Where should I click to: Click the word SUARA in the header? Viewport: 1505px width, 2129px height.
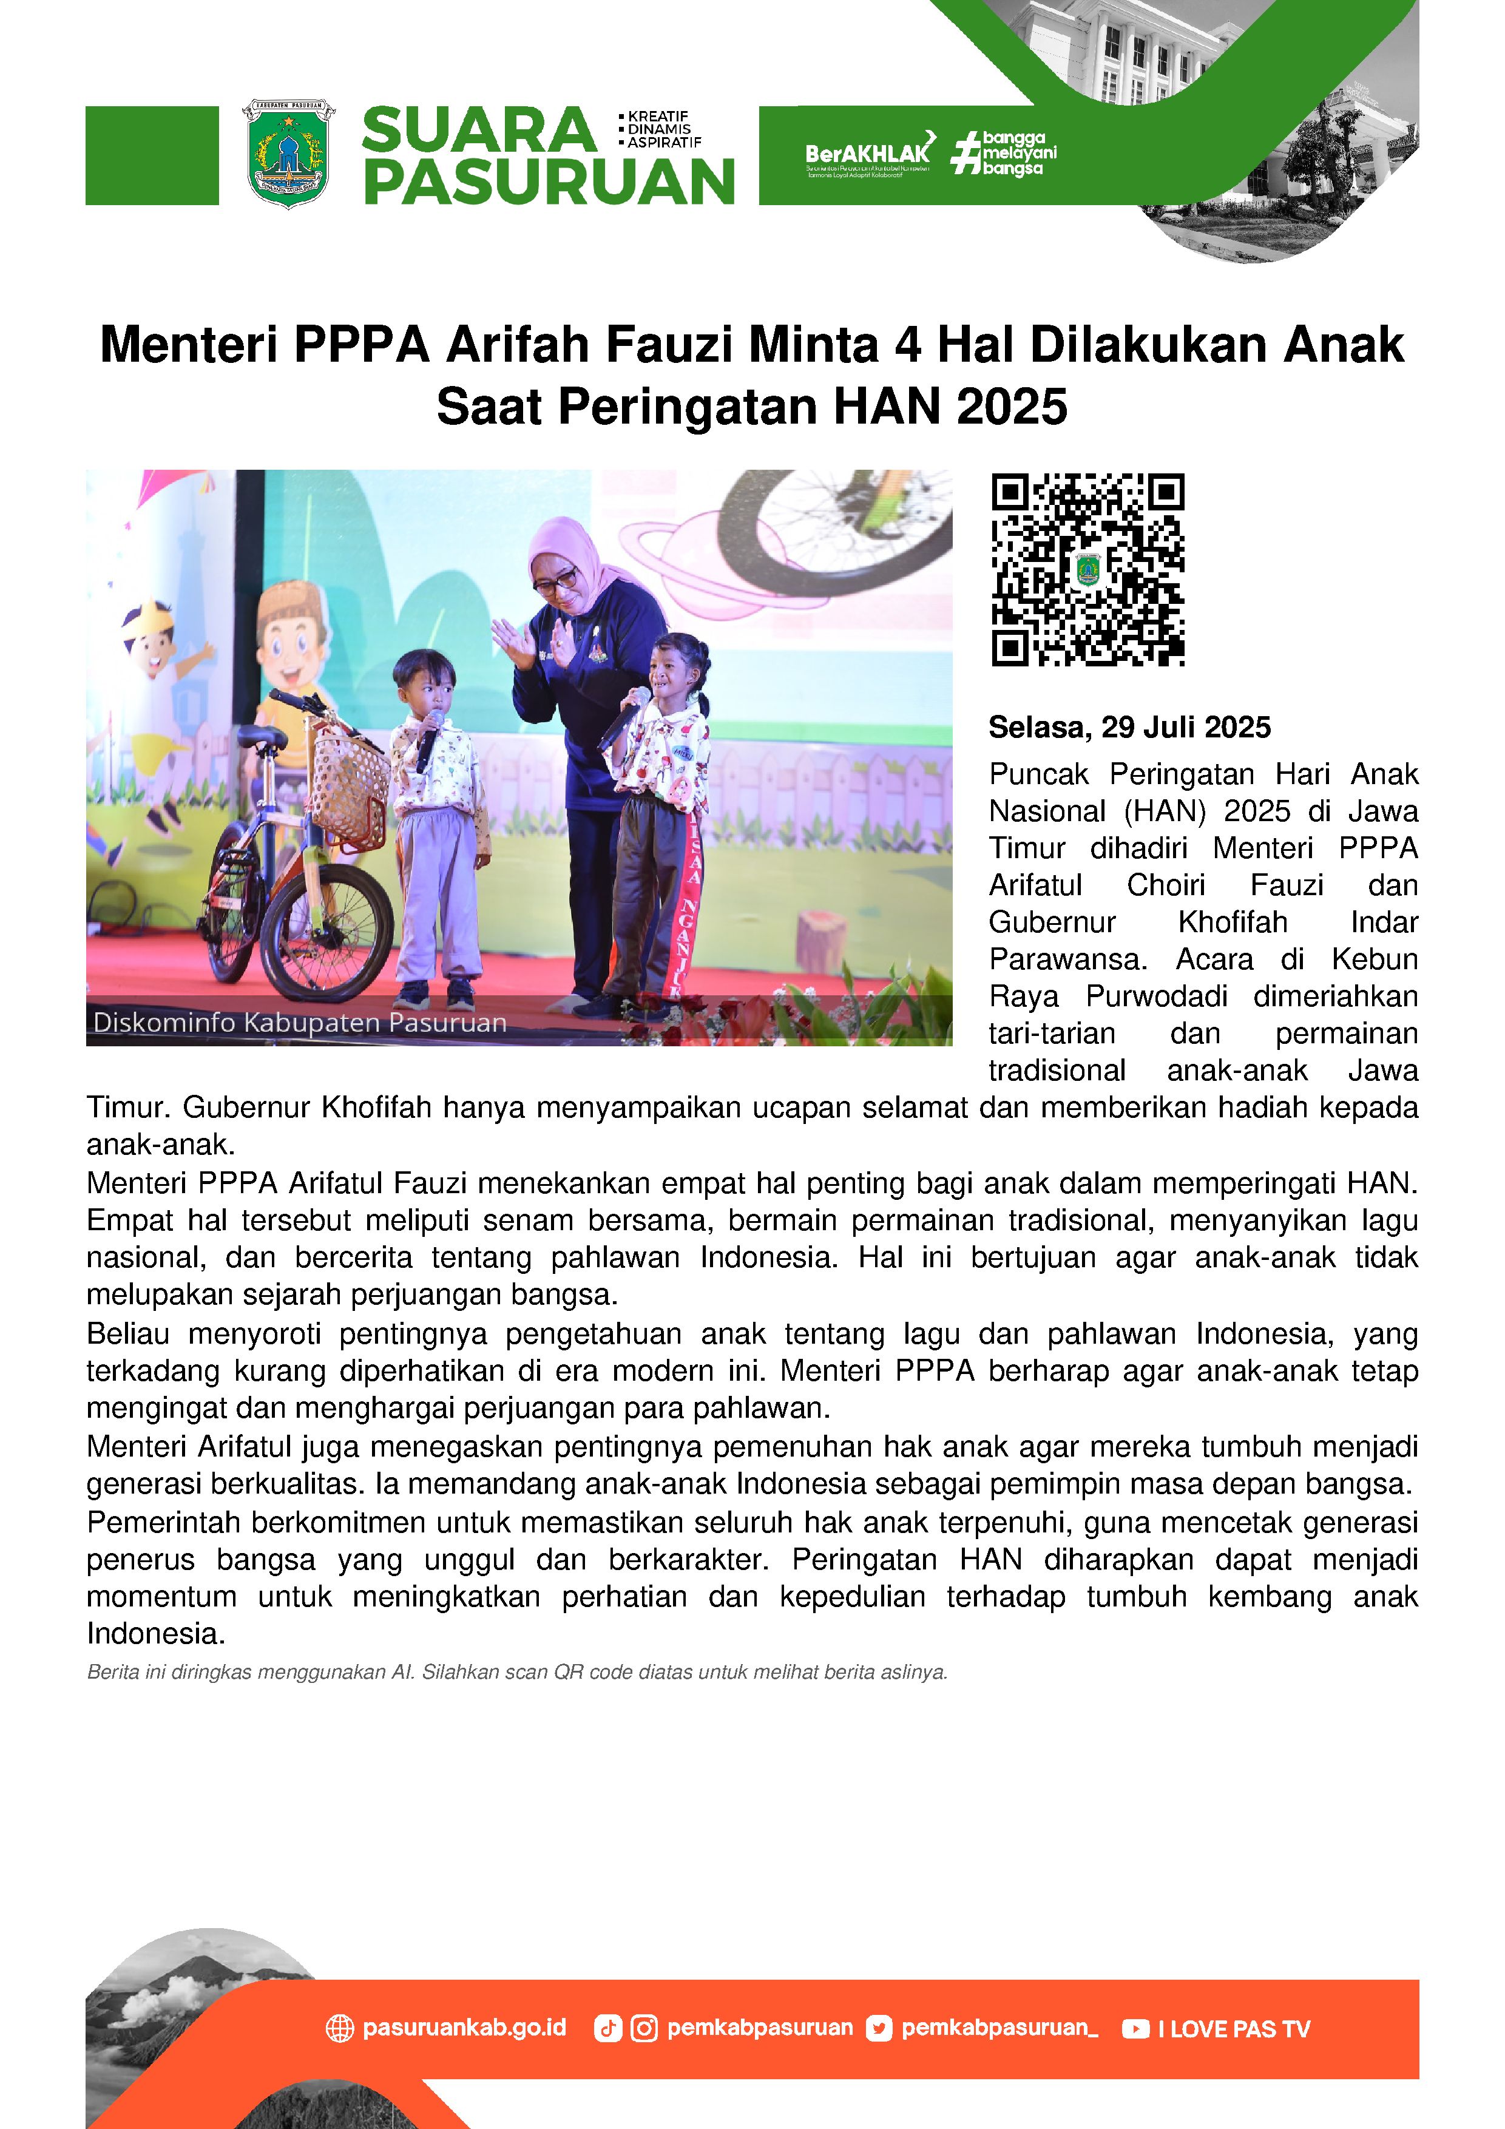click(x=478, y=130)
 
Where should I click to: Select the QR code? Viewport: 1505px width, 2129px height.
click(x=1087, y=569)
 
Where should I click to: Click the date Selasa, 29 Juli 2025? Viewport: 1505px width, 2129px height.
click(x=1129, y=727)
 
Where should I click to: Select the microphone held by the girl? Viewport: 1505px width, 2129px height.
click(x=623, y=717)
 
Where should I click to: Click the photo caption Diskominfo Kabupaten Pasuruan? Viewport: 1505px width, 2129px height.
click(x=300, y=1023)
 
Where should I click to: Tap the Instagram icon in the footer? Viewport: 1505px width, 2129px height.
click(x=643, y=2029)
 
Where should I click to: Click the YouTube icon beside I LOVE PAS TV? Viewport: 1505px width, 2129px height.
click(x=1134, y=2029)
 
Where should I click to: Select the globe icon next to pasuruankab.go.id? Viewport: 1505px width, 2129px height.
click(x=339, y=2029)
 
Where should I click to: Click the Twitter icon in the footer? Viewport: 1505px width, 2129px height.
click(x=878, y=2029)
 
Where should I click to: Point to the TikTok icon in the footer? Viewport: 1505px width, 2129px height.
click(x=607, y=2029)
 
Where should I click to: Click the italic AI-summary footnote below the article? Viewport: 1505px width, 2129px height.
click(x=516, y=1673)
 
